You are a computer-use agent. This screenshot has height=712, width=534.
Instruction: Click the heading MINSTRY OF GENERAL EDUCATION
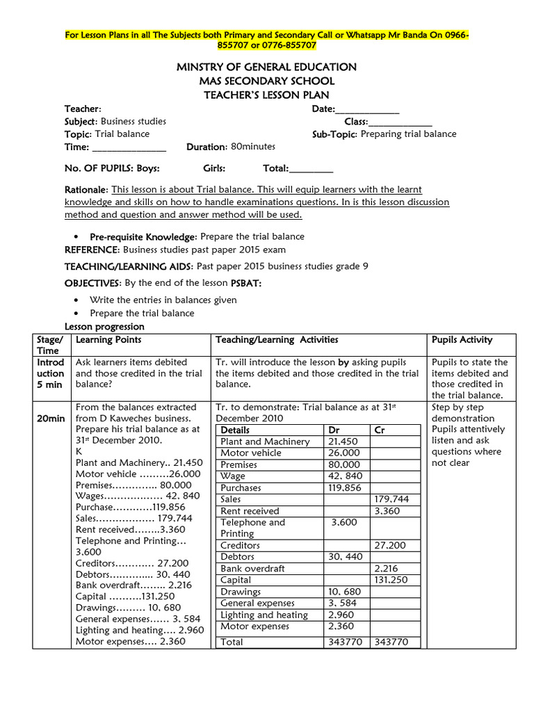click(x=266, y=67)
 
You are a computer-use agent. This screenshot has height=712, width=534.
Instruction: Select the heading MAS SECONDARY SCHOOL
click(x=266, y=81)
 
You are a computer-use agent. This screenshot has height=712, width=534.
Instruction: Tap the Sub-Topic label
click(x=335, y=134)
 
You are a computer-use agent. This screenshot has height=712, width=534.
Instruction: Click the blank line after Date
click(x=367, y=108)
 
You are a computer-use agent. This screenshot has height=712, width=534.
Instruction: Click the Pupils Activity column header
click(x=462, y=340)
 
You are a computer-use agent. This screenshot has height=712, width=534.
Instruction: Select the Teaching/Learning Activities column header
click(x=277, y=340)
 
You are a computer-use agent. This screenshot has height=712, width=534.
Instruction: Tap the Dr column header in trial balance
click(x=334, y=430)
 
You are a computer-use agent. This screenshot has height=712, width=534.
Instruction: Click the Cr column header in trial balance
click(x=380, y=430)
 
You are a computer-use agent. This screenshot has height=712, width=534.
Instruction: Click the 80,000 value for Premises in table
click(x=344, y=464)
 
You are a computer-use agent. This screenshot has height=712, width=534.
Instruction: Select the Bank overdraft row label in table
click(x=254, y=569)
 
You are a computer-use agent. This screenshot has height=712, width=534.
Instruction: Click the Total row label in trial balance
click(x=232, y=642)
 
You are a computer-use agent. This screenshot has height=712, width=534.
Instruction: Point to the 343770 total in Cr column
click(x=391, y=642)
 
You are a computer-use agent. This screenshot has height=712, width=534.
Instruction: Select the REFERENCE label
click(x=92, y=250)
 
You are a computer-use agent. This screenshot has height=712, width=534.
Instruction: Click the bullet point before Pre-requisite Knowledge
click(x=75, y=237)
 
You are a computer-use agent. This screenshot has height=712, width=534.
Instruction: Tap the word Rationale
click(x=86, y=190)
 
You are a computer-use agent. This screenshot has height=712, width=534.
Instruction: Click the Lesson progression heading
click(x=104, y=327)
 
